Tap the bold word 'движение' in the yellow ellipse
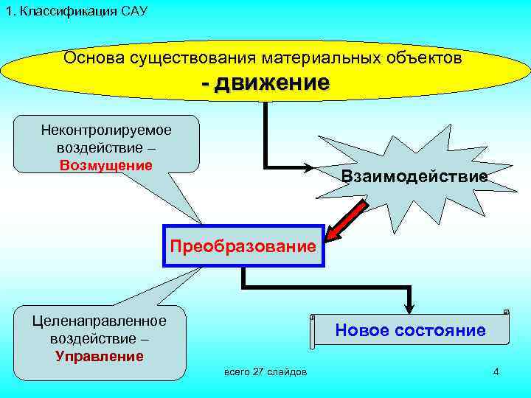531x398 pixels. (272, 83)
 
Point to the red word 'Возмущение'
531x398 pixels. (106, 164)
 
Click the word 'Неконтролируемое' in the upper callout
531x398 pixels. (106, 130)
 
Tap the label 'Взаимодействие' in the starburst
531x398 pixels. (414, 176)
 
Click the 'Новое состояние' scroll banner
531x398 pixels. (410, 330)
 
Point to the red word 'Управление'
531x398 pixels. (100, 357)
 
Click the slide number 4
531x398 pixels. (496, 371)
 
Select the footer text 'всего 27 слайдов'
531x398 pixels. (265, 371)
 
